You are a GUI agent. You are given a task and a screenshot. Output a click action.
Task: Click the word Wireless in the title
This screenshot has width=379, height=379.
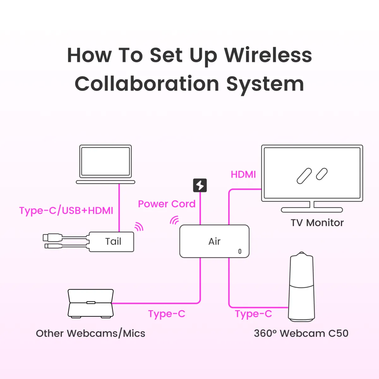coord(268,55)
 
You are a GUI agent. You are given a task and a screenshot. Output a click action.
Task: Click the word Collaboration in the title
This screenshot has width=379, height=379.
coord(147,84)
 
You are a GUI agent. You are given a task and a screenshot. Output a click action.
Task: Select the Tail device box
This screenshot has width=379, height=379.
coord(111,242)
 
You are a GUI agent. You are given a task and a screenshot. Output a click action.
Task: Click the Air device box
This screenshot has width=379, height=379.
coord(214,241)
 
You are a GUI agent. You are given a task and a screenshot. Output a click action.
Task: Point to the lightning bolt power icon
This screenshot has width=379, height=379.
coord(200,185)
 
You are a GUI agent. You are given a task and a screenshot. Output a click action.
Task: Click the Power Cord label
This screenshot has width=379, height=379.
coord(167,204)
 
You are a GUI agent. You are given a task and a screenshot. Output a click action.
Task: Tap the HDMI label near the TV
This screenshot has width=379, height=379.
coord(243,175)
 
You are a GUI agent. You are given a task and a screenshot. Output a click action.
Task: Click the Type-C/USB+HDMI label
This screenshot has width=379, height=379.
coord(66,211)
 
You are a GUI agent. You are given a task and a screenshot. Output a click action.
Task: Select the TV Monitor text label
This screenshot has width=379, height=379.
coord(317,223)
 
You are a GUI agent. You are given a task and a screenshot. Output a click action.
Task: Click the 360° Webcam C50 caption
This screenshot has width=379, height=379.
coord(301,334)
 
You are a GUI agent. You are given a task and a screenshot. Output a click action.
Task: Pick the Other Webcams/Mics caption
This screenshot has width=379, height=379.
coord(91,334)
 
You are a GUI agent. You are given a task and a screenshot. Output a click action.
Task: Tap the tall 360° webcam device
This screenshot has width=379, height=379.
coord(302,287)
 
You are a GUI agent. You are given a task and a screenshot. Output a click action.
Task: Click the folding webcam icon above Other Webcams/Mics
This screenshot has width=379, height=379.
coord(91,303)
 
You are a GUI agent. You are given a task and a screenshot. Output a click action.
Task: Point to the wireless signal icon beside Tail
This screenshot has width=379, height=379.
coord(139,226)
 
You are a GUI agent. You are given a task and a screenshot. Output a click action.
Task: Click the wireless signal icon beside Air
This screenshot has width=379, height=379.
coord(174,220)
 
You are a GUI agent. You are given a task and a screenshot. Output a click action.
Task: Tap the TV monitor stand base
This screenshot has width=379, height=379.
coord(312,210)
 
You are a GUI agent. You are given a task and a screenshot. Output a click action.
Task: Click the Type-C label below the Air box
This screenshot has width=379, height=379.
coord(167,314)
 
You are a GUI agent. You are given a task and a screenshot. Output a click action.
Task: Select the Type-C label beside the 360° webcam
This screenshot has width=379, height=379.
coord(253,314)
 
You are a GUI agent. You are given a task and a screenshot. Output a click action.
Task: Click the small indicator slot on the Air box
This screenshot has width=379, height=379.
coord(240,251)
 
